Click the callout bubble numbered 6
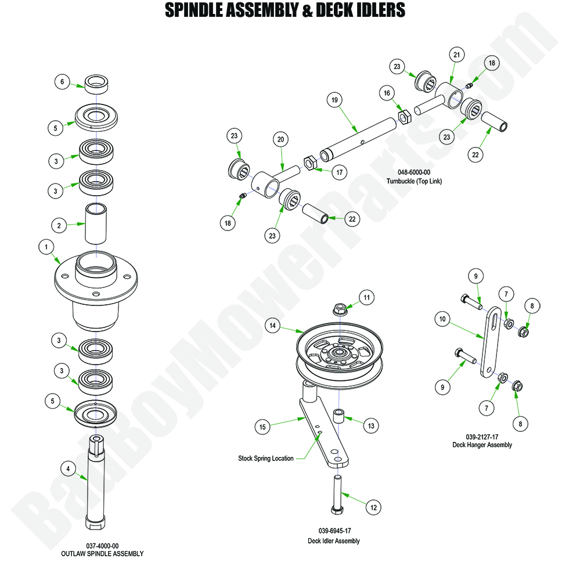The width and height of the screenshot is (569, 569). pyautogui.click(x=63, y=82)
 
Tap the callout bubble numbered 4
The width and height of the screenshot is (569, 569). pyautogui.click(x=68, y=468)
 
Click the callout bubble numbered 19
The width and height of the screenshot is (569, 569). pyautogui.click(x=334, y=100)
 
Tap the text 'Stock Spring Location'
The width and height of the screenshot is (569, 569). pyautogui.click(x=265, y=458)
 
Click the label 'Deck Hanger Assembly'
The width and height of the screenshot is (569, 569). pyautogui.click(x=482, y=445)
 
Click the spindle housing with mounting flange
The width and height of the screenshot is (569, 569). pyautogui.click(x=96, y=284)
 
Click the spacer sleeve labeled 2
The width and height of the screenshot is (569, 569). pyautogui.click(x=96, y=224)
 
